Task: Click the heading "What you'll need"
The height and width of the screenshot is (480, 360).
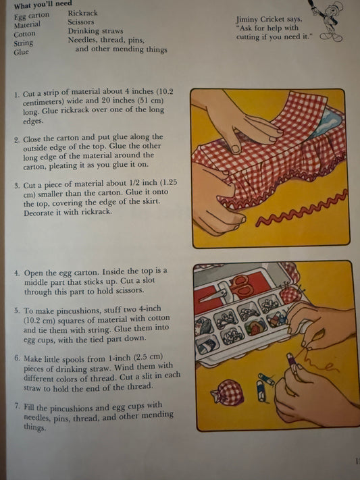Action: click(43, 5)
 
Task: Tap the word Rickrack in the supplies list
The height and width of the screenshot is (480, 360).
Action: click(82, 13)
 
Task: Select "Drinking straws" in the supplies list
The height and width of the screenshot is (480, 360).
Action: click(96, 31)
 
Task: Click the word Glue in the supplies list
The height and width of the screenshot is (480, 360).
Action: click(21, 52)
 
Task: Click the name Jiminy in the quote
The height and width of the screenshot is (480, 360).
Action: click(247, 20)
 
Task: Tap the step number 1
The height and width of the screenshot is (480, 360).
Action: click(17, 95)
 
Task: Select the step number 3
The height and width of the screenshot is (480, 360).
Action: click(17, 186)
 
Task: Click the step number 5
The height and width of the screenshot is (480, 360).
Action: click(17, 311)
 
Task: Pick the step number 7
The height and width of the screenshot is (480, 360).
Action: click(18, 406)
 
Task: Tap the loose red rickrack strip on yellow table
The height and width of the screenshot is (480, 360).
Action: click(303, 209)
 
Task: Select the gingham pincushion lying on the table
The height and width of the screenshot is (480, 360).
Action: click(226, 392)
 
